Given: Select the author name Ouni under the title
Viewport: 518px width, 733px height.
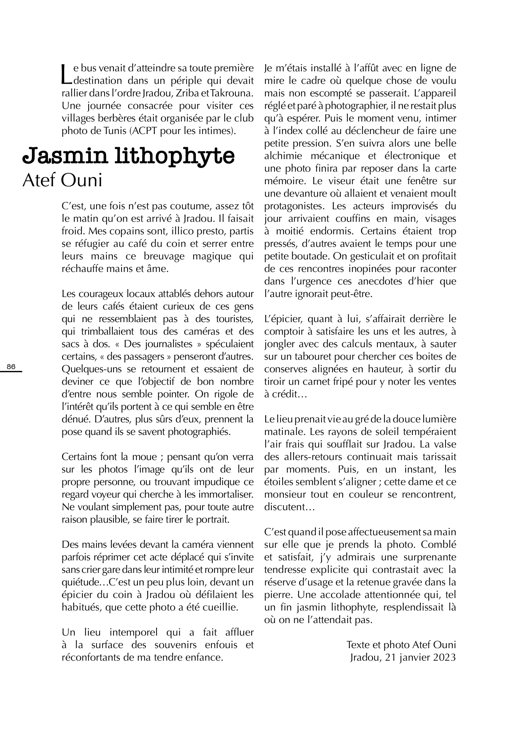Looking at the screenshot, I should [82, 180].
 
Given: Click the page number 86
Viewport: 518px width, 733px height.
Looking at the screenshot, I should [11, 367].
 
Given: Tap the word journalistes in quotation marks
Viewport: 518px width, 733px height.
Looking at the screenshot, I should [169, 344].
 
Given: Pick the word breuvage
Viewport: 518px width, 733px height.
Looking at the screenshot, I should [164, 256].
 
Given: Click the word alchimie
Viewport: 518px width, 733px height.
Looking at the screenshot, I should [283, 156].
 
